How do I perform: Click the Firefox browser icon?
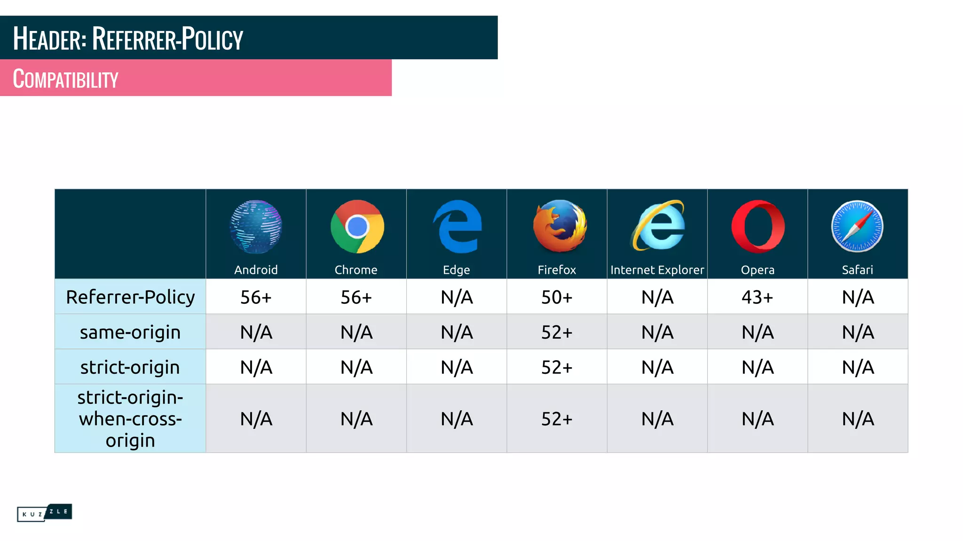pos(560,226)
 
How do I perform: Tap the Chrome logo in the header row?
pos(357,226)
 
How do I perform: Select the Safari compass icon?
pos(857,226)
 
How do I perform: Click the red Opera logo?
pos(758,226)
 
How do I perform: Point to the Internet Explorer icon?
pos(658,226)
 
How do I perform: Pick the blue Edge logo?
pos(457,226)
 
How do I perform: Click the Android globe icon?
pos(256,226)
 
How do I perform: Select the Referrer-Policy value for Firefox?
pos(557,297)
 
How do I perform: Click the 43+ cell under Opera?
pos(757,297)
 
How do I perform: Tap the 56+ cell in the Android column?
pos(256,297)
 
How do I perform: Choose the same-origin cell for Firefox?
pos(557,332)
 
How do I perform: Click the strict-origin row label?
pos(130,367)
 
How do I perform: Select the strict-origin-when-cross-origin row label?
pos(130,419)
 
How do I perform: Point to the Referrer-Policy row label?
pos(130,297)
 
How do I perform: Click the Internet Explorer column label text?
pos(657,270)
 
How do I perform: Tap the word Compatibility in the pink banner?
pos(65,79)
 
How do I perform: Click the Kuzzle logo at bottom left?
pos(44,512)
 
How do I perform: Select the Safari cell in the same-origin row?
pos(858,332)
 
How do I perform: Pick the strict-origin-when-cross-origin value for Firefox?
pos(557,419)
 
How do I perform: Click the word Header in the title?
pos(49,39)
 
